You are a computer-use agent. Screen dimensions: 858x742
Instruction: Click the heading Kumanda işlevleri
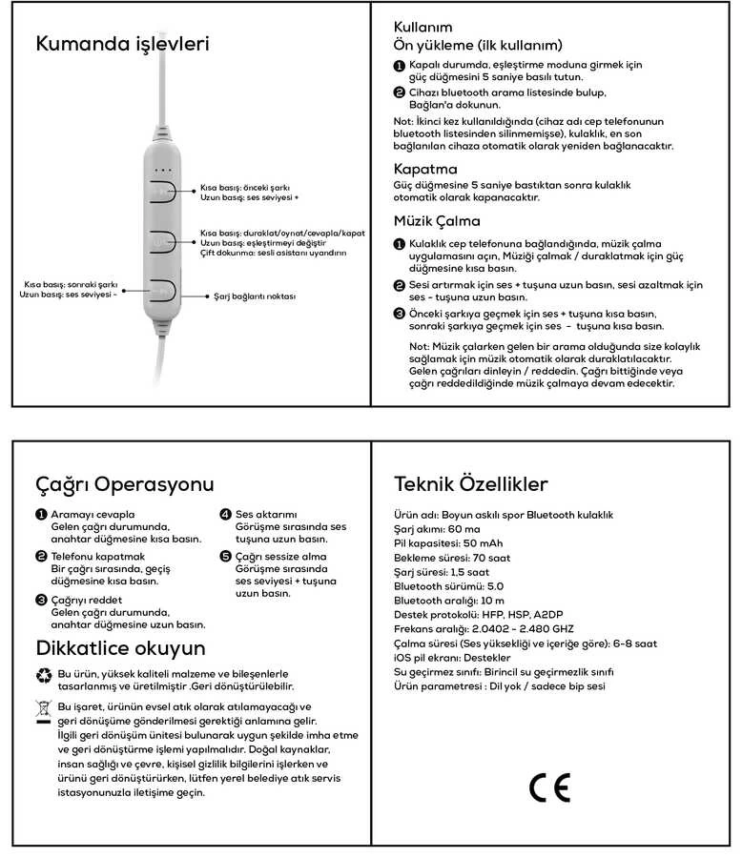(121, 44)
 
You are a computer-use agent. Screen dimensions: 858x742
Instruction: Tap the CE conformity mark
(549, 786)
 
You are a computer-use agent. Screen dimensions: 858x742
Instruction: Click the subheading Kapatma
(425, 169)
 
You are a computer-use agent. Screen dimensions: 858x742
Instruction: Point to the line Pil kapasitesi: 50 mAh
(447, 542)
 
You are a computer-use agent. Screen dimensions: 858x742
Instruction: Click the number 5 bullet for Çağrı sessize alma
(226, 556)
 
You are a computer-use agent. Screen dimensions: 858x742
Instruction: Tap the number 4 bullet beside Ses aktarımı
(226, 514)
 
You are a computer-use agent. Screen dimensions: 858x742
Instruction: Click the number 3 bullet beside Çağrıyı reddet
(41, 600)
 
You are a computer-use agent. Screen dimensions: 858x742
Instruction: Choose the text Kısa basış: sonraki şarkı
(71, 284)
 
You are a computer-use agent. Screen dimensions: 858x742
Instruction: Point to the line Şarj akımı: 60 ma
(437, 528)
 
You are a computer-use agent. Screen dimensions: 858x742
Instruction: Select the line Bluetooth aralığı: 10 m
(443, 601)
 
